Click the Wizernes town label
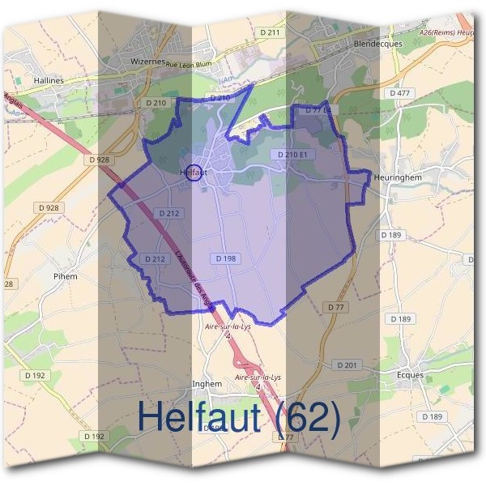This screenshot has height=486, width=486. click(148, 61)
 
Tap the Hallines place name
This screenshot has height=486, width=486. click(49, 81)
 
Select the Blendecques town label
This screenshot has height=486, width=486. click(377, 44)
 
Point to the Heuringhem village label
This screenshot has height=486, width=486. click(399, 176)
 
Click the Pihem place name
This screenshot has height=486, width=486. click(65, 276)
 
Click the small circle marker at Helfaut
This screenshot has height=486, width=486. click(194, 173)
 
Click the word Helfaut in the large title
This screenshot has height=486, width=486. click(199, 416)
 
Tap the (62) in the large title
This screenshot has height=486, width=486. click(306, 416)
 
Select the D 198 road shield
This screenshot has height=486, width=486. click(226, 258)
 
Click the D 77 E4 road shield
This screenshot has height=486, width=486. click(315, 109)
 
